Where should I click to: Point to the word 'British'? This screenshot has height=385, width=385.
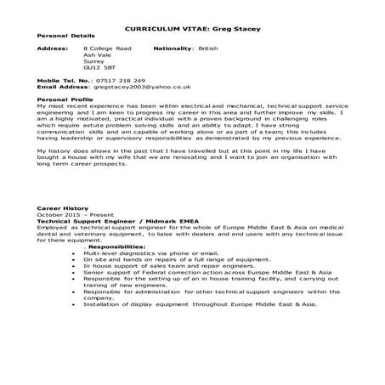[x=208, y=50]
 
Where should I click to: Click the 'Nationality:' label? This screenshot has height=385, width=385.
[x=174, y=50]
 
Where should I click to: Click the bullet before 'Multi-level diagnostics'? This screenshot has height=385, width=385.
[x=75, y=252]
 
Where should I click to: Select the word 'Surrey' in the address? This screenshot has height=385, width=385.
[x=94, y=62]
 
